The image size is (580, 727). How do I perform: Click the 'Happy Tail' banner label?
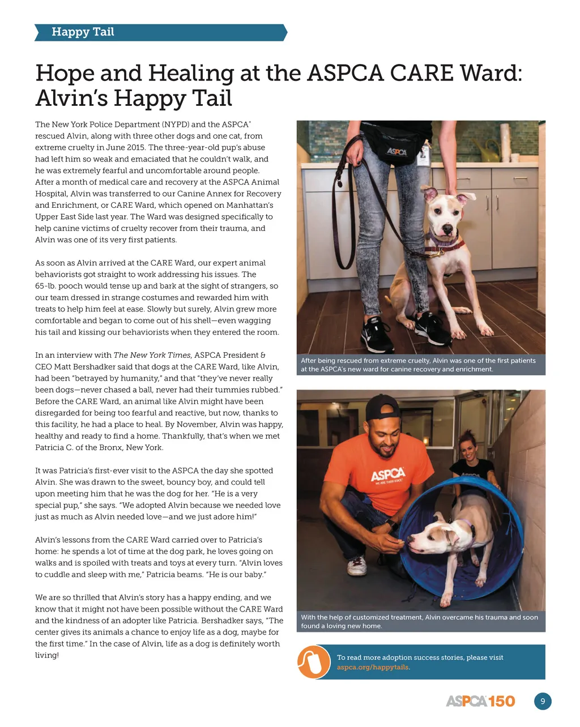click(83, 32)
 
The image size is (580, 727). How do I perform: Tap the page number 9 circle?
click(543, 702)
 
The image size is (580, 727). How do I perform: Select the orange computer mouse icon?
click(314, 662)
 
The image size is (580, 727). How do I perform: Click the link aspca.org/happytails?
click(372, 667)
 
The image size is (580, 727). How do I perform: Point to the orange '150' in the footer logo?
click(501, 702)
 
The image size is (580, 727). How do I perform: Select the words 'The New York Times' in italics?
click(152, 355)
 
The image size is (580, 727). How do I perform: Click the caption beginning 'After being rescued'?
click(418, 365)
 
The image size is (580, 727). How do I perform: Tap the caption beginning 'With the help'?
click(419, 621)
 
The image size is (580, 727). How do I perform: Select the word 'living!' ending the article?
click(47, 655)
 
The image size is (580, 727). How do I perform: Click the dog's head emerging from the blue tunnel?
click(428, 538)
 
